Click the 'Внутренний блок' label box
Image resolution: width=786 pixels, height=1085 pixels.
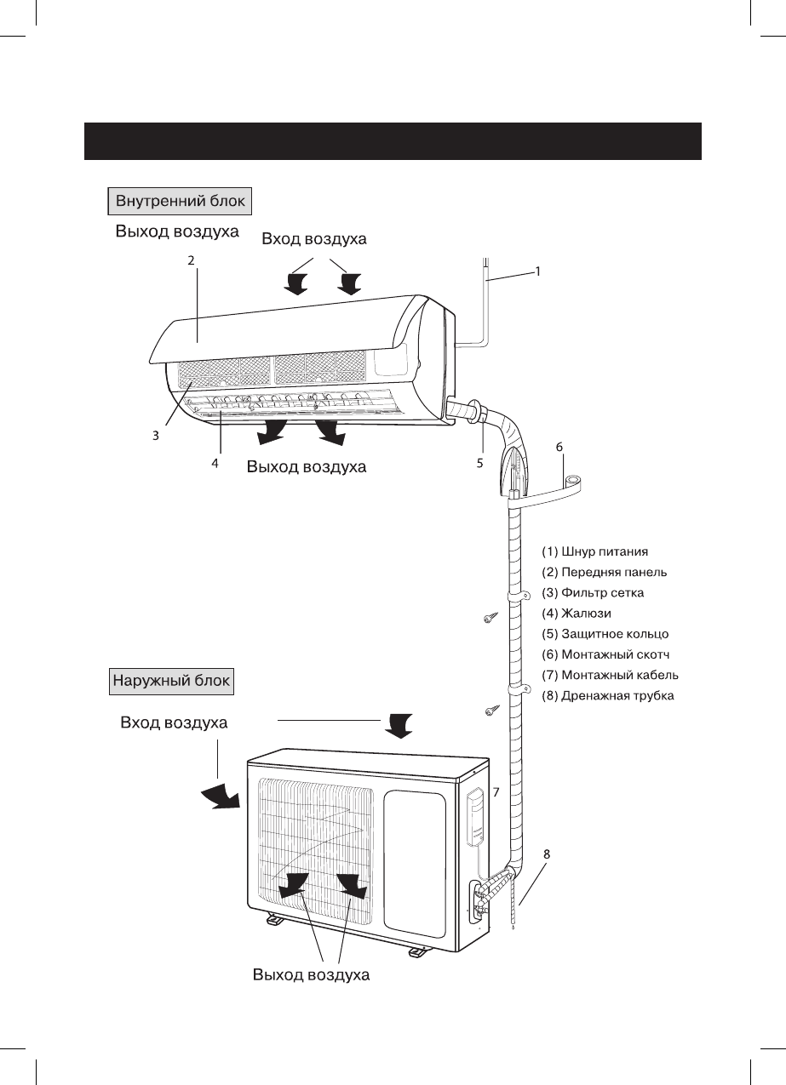(x=178, y=202)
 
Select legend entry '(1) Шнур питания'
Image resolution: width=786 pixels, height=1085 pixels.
(x=595, y=551)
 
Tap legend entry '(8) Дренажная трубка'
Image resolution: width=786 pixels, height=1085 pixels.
(x=608, y=696)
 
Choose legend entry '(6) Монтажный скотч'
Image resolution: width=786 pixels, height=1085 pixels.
(x=605, y=654)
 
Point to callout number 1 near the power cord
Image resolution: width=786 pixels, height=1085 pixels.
(x=537, y=272)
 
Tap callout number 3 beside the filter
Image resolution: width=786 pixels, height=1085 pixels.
(x=156, y=435)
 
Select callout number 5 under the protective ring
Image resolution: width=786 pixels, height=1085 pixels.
(x=480, y=464)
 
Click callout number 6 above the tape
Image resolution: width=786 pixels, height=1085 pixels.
(x=559, y=446)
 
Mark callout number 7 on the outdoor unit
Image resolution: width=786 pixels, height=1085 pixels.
(x=496, y=791)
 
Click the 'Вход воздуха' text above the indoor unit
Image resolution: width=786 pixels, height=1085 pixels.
(x=314, y=239)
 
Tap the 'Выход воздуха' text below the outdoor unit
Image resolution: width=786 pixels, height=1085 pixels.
(x=311, y=975)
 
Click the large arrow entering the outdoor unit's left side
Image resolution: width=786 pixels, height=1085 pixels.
(x=221, y=797)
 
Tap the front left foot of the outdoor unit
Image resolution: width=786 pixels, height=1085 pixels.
(x=273, y=919)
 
